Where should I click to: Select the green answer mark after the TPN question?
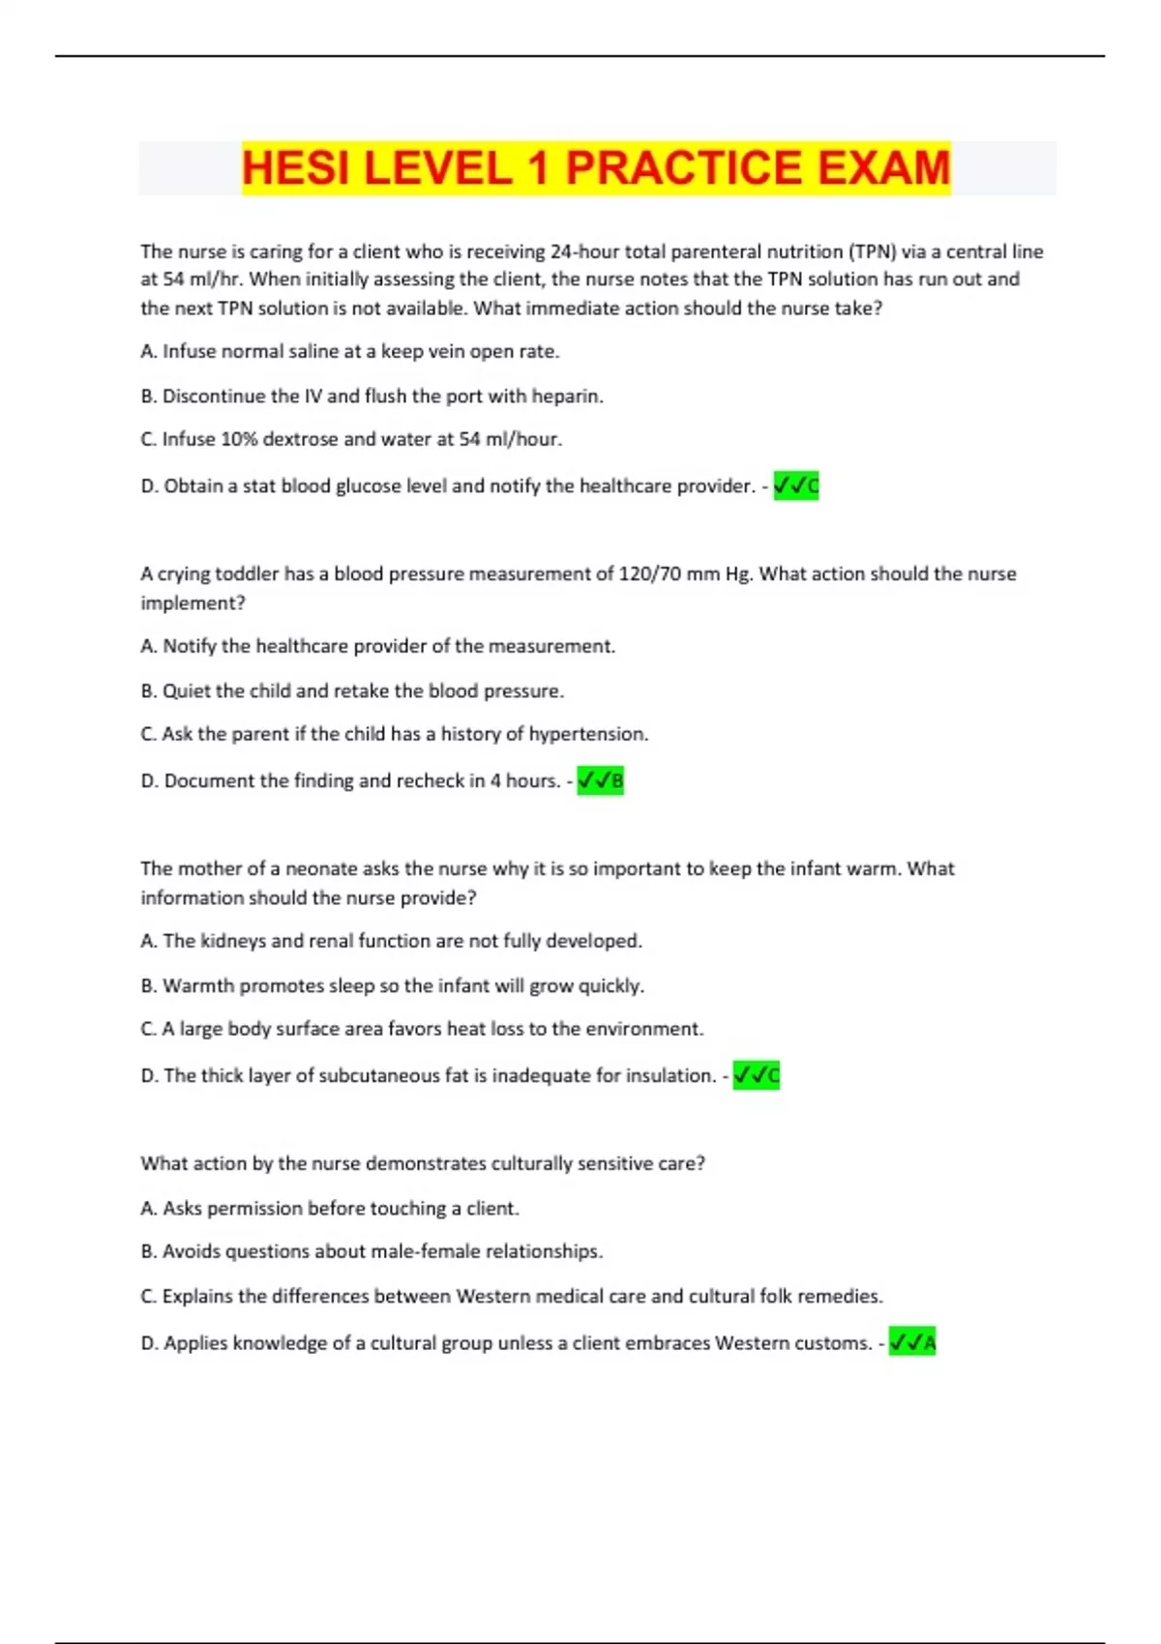click(795, 485)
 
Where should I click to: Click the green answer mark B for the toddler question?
click(600, 780)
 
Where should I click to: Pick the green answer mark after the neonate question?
click(756, 1075)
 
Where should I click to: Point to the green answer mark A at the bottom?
click(912, 1343)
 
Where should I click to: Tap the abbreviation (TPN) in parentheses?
click(873, 251)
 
